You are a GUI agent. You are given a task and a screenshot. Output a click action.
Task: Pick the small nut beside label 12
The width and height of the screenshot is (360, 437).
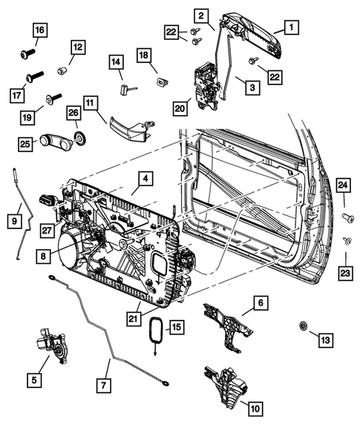(64, 71)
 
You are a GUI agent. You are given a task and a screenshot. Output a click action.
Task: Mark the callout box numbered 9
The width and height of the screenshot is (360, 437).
(13, 220)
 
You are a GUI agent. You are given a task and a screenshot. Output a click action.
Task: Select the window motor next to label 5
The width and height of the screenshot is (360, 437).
(46, 346)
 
